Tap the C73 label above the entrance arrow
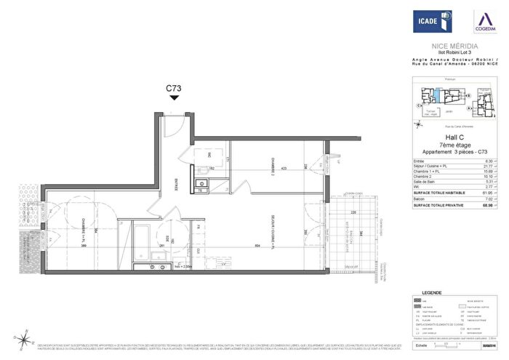pyautogui.click(x=173, y=89)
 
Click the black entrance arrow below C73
pyautogui.click(x=173, y=100)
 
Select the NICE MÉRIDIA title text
pyautogui.click(x=455, y=45)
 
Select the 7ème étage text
pyautogui.click(x=454, y=145)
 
